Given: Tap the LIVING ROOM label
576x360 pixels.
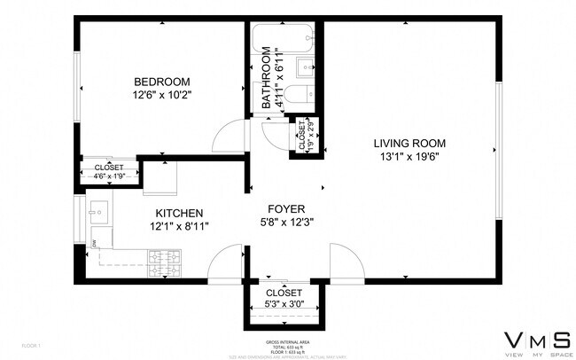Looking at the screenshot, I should [409, 143].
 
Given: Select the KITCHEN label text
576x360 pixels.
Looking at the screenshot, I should [180, 213].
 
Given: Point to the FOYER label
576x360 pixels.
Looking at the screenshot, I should [287, 208].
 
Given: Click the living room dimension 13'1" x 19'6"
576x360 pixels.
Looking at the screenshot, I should [409, 157].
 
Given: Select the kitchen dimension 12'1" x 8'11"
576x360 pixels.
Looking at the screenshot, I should [180, 227].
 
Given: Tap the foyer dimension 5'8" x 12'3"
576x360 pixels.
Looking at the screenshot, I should [287, 223].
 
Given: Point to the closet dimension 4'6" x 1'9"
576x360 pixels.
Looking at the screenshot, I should [110, 176].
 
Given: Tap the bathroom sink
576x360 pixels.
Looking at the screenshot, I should [307, 66].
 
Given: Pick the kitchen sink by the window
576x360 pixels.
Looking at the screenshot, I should [98, 213].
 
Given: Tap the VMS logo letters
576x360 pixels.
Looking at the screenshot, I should [537, 340].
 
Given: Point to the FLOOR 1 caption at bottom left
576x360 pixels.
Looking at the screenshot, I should [31, 345].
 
